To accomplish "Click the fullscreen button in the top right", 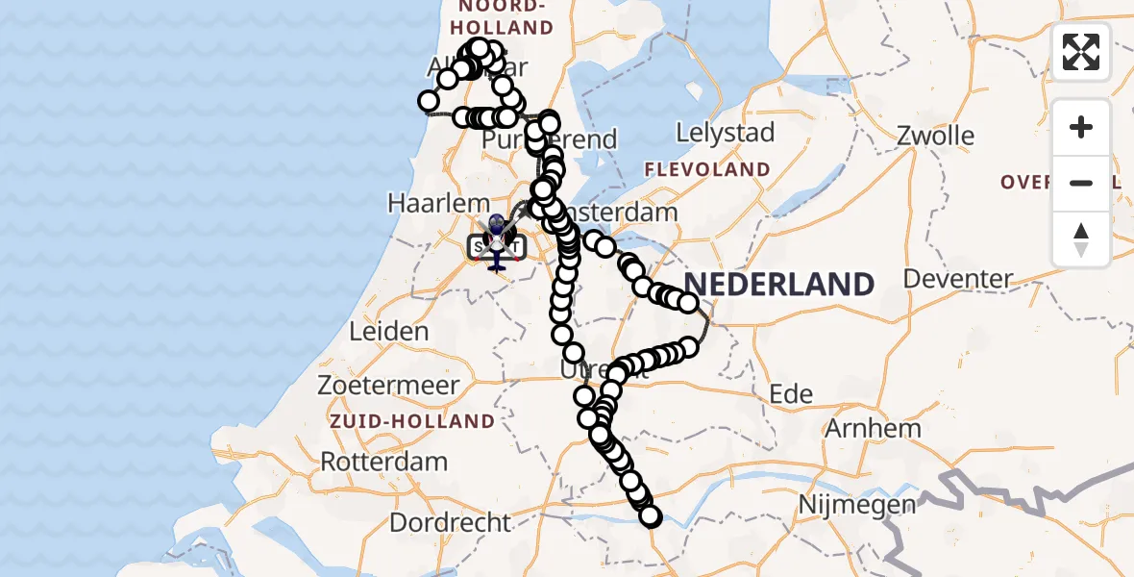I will coord(1081,52).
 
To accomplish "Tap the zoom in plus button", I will coord(1081,127).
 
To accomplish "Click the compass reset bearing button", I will coord(1081,239).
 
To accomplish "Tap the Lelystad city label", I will coord(726,133).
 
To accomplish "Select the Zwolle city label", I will coord(935,136).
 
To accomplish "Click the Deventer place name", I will coord(958,280).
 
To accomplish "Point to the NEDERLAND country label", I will coord(778,285).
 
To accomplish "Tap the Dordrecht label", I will coord(451,523).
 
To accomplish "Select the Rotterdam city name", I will coord(383,461).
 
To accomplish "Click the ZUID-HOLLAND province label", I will coord(412,421).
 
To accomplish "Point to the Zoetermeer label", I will coord(389,385).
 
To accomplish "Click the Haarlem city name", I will coord(426,203).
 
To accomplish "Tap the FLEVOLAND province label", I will coord(707,169).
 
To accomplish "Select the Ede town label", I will coord(791,393).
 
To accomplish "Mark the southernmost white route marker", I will coord(651,516).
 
